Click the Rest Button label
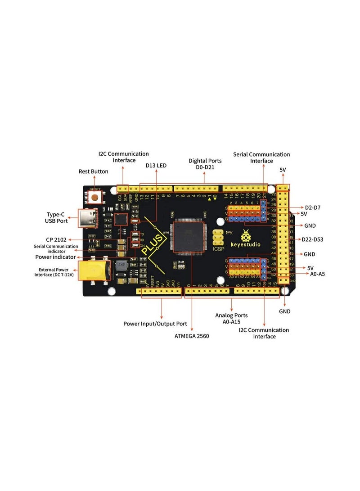(x=94, y=171)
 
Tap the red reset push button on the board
(x=95, y=198)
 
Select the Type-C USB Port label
(x=56, y=217)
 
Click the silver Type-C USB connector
(x=88, y=219)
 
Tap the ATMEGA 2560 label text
(x=192, y=336)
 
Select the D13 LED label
(x=156, y=166)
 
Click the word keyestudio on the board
(x=247, y=246)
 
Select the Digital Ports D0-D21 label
(x=205, y=164)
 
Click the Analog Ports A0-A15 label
(x=231, y=319)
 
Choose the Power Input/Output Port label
(x=155, y=324)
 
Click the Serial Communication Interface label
(x=261, y=158)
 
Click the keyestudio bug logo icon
(x=246, y=235)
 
